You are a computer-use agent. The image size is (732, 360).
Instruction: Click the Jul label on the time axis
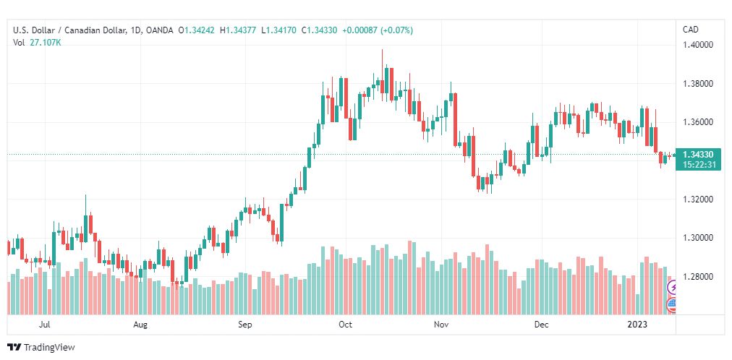point(45,325)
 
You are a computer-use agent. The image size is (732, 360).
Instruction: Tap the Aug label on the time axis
point(140,325)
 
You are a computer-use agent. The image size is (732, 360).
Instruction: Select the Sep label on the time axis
point(245,325)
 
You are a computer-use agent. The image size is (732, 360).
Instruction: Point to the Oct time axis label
point(346,325)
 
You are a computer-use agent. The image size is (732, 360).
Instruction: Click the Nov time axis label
point(441,325)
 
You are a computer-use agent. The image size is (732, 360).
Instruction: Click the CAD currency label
point(691,30)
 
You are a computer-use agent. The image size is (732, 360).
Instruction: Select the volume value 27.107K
point(46,43)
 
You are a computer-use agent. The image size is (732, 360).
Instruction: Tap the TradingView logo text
point(49,348)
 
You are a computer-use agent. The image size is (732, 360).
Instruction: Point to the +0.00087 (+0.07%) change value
point(378,30)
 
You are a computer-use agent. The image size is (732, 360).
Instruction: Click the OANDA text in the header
point(158,30)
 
